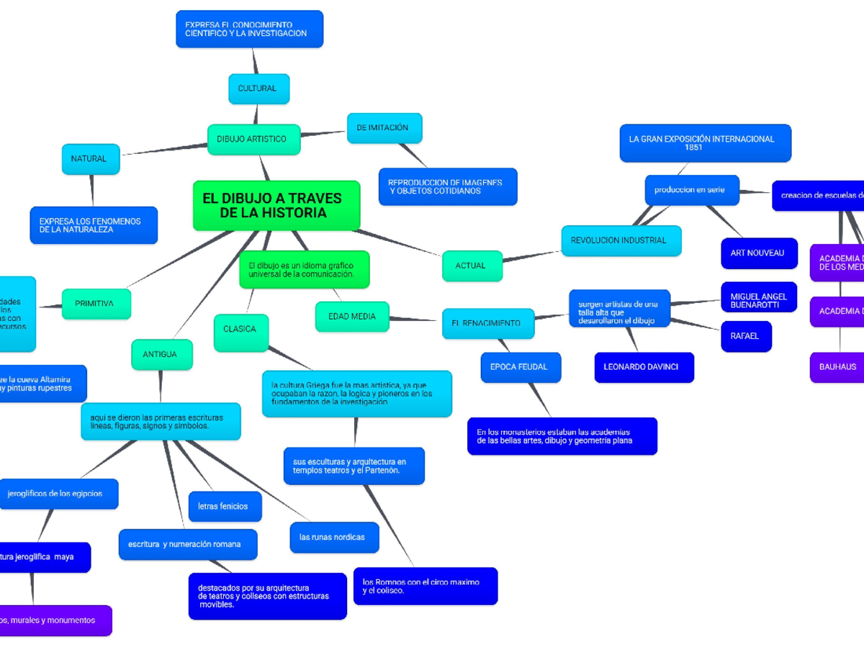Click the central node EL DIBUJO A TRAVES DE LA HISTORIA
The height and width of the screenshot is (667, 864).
pyautogui.click(x=276, y=206)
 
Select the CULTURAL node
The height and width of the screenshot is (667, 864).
pyautogui.click(x=258, y=89)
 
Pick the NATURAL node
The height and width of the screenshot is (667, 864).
pyautogui.click(x=91, y=159)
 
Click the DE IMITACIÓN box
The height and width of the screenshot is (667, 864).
pyautogui.click(x=384, y=128)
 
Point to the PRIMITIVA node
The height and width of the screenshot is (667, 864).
pyautogui.click(x=96, y=304)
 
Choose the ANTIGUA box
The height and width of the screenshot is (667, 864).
pyautogui.click(x=161, y=355)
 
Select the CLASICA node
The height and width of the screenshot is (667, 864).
pyautogui.click(x=241, y=330)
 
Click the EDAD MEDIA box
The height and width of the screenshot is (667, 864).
pyautogui.click(x=352, y=317)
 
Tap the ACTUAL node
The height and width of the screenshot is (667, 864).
pyautogui.click(x=472, y=266)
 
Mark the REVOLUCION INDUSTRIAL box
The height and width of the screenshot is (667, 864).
pyautogui.click(x=621, y=241)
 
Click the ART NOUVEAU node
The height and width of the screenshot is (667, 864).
pyautogui.click(x=758, y=253)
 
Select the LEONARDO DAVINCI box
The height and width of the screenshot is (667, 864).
pyautogui.click(x=644, y=367)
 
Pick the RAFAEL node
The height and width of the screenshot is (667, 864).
pyautogui.click(x=745, y=337)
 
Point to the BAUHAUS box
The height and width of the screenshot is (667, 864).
pyautogui.click(x=837, y=367)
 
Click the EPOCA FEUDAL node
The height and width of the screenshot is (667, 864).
pyautogui.click(x=520, y=367)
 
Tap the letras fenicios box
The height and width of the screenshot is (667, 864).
pyautogui.click(x=225, y=507)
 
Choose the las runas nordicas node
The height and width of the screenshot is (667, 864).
pyautogui.click(x=334, y=537)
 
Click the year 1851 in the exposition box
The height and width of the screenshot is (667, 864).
pyautogui.click(x=693, y=148)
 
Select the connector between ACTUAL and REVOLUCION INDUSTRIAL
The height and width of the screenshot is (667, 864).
pyautogui.click(x=531, y=256)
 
